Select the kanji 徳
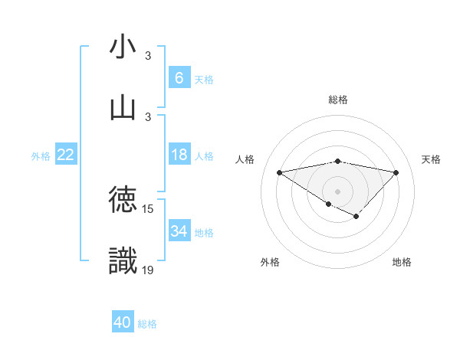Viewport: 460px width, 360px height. tap(123, 200)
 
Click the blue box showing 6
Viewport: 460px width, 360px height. tap(179, 77)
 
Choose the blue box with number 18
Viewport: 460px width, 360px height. tap(179, 155)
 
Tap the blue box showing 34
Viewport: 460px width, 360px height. tap(179, 231)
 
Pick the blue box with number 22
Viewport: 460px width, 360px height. tap(66, 155)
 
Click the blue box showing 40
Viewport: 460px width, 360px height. tap(123, 322)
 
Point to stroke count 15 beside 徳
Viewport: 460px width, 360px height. tap(148, 208)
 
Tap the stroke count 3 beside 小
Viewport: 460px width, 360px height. tap(148, 56)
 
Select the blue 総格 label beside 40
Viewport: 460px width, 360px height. tap(147, 324)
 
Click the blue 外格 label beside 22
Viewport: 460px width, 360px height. tap(41, 156)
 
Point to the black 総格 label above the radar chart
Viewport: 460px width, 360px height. tap(337, 100)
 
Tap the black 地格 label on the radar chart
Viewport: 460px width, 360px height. tap(402, 262)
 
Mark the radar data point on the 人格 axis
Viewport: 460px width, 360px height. tap(279, 172)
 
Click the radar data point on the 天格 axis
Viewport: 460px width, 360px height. tap(396, 172)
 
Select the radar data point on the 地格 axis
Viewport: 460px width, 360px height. tap(356, 217)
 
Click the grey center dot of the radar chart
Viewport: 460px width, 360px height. tap(337, 190)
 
